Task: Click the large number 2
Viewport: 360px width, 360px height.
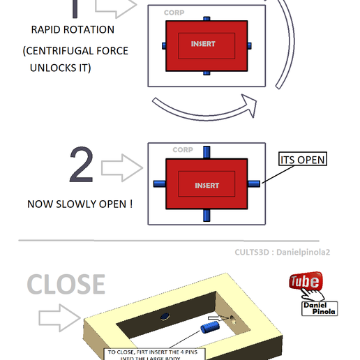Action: click(x=82, y=166)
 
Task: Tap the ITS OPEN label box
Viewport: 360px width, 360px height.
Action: click(x=303, y=159)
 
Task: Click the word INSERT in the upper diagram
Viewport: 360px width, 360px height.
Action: click(x=204, y=44)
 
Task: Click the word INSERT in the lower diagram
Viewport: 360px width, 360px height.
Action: click(x=207, y=186)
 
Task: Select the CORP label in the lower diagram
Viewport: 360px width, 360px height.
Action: click(x=182, y=150)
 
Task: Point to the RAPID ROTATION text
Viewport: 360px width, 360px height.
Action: click(x=73, y=30)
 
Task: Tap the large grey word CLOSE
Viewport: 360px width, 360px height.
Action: click(x=66, y=284)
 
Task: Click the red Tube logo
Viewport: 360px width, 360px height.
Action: click(x=305, y=282)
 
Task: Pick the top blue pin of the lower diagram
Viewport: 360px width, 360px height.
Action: click(x=206, y=153)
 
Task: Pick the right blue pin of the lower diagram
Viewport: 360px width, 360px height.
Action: click(x=254, y=183)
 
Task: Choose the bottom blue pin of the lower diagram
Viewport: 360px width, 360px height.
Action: click(x=206, y=216)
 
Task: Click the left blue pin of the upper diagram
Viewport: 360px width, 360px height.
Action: click(x=163, y=45)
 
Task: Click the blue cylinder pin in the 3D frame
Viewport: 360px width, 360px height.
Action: click(x=209, y=327)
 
